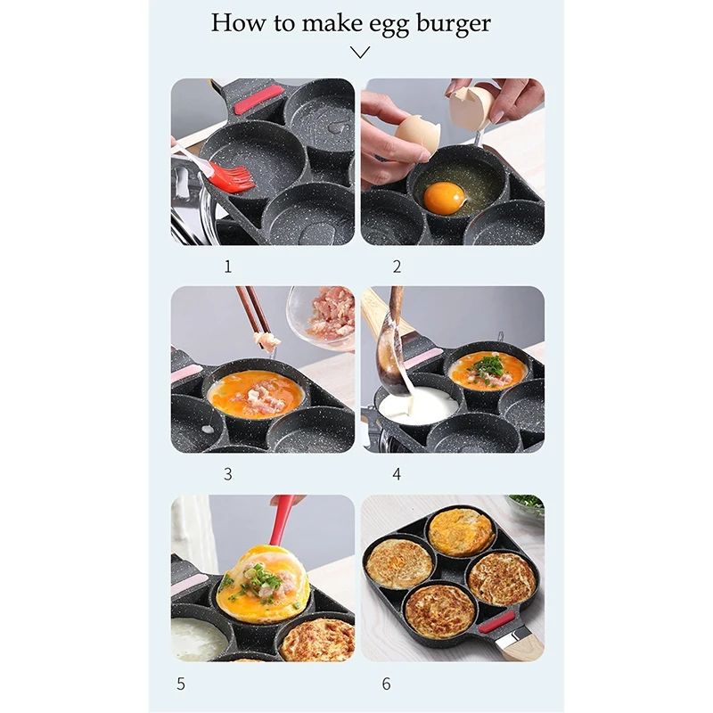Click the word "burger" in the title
pos(451,23)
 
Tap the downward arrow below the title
pos(360,53)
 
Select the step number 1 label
pos(227,266)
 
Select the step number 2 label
pos(397,266)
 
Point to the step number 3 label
pos(227,474)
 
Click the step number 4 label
pos(397,474)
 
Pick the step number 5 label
pos(181,684)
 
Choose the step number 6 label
pos(386,684)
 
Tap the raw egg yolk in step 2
pos(443,198)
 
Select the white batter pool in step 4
pos(420,406)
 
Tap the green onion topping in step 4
pos(488,365)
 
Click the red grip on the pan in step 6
pos(497,620)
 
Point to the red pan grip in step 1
pos(258,99)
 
